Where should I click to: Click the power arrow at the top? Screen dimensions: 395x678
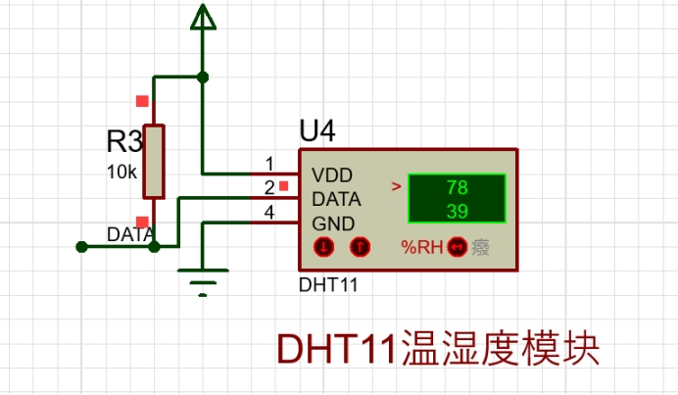[203, 17]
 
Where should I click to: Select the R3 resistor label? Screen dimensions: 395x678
[124, 142]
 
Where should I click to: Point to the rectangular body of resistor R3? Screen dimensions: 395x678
[154, 161]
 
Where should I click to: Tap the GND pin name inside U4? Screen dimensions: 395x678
[334, 222]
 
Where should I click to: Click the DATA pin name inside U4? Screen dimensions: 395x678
[337, 199]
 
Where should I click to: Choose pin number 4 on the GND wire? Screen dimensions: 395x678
[268, 212]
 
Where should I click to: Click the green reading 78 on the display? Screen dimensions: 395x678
[457, 187]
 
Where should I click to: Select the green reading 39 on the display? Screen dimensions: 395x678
[457, 210]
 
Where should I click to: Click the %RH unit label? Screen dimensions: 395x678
[422, 247]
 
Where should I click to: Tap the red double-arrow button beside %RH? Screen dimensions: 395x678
[455, 247]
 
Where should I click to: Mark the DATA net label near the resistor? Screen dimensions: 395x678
[129, 235]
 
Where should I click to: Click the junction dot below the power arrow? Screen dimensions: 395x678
[203, 76]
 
